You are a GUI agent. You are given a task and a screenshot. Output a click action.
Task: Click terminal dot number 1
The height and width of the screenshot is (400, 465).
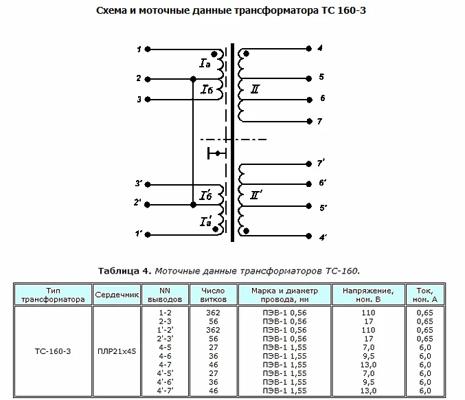pyautogui.click(x=148, y=49)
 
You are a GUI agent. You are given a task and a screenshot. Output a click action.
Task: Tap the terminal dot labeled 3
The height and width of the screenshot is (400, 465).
pyautogui.click(x=148, y=100)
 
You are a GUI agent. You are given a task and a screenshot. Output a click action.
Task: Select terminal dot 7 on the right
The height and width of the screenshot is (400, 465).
pyautogui.click(x=309, y=122)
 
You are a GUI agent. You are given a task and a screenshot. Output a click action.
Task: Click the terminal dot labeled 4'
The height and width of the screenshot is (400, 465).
pyautogui.click(x=308, y=236)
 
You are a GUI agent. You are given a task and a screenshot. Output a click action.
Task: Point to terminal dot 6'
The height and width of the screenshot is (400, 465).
pyautogui.click(x=308, y=184)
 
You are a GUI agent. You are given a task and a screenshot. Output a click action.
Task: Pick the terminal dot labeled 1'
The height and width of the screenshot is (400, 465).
pyautogui.click(x=148, y=235)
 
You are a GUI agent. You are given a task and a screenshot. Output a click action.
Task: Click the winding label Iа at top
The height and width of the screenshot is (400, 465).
pyautogui.click(x=205, y=63)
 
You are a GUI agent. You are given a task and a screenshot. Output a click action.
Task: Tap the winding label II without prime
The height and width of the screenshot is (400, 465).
pyautogui.click(x=255, y=89)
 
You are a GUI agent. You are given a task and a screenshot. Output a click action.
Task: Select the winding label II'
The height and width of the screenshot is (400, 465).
pyautogui.click(x=256, y=195)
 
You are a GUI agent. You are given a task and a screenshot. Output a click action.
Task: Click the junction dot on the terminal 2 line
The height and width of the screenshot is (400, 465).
pyautogui.click(x=193, y=79)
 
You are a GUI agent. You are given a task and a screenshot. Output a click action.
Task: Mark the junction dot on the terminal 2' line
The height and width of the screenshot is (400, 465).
pyautogui.click(x=193, y=205)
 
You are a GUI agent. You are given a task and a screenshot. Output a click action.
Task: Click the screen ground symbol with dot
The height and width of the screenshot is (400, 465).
pyautogui.click(x=217, y=153)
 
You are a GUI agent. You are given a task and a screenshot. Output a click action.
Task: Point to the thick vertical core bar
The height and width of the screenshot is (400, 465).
pyautogui.click(x=232, y=142)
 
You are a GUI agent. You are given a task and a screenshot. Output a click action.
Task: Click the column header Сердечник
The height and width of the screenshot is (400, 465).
pyautogui.click(x=117, y=295)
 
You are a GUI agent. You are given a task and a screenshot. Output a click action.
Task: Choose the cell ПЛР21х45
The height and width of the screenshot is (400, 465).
pyautogui.click(x=117, y=351)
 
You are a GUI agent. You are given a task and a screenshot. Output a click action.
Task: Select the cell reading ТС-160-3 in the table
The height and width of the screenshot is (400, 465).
pyautogui.click(x=53, y=351)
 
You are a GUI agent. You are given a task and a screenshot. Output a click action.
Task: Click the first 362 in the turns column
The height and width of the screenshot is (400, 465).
pyautogui.click(x=213, y=313)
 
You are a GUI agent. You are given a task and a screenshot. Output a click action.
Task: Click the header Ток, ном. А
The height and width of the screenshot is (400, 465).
pyautogui.click(x=425, y=295)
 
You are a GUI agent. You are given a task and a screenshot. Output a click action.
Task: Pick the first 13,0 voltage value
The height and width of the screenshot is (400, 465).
pyautogui.click(x=368, y=365)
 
